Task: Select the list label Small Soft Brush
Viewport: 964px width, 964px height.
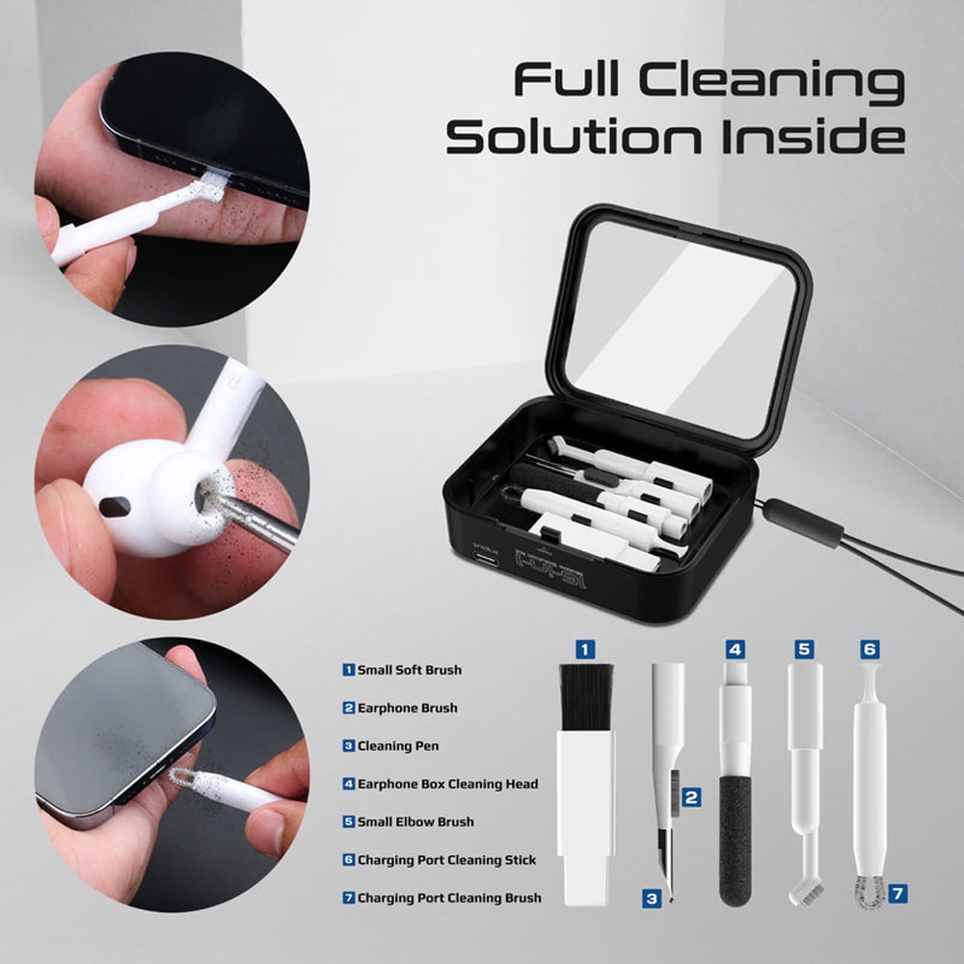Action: pyautogui.click(x=409, y=670)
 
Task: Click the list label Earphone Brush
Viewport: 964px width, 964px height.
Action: pyautogui.click(x=407, y=708)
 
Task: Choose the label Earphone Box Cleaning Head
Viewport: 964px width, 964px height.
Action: pyautogui.click(x=447, y=784)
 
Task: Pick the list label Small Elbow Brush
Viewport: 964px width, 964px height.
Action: pyautogui.click(x=415, y=822)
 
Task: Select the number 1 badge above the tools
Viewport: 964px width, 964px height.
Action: pyautogui.click(x=585, y=650)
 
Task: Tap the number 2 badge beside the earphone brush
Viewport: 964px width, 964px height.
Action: pyautogui.click(x=691, y=797)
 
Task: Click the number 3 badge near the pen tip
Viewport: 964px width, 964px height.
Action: pyautogui.click(x=652, y=898)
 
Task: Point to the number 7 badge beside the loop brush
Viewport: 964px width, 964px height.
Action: pyautogui.click(x=897, y=894)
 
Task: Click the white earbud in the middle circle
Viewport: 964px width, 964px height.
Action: pyautogui.click(x=145, y=496)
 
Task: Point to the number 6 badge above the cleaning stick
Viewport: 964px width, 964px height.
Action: pyautogui.click(x=869, y=650)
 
